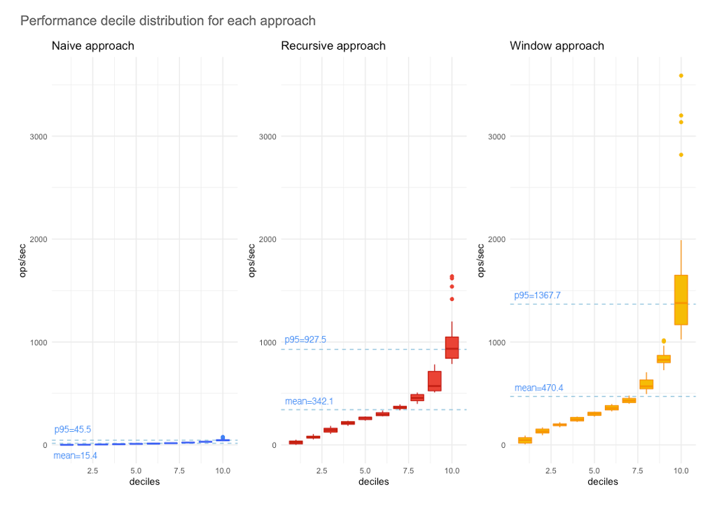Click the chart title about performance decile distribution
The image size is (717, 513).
tap(168, 21)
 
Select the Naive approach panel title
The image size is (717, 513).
tap(93, 46)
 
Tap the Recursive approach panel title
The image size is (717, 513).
tap(333, 46)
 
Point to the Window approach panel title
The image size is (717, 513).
tap(557, 46)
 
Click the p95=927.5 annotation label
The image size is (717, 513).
tap(305, 339)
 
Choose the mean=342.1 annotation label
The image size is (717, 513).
tap(309, 401)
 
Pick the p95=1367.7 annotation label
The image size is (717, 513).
tap(537, 295)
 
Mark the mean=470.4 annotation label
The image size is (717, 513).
tap(538, 388)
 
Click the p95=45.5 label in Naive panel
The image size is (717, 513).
tap(73, 430)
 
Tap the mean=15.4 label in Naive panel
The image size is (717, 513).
tap(75, 456)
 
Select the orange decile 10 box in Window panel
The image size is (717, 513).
tap(681, 300)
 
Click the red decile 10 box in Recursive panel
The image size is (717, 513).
tap(452, 348)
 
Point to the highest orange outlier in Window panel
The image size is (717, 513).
tap(681, 76)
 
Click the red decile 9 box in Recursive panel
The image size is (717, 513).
tap(434, 381)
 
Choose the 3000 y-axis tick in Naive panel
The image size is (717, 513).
tap(39, 136)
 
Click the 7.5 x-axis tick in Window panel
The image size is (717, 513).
tap(637, 472)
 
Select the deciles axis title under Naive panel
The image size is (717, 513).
tap(145, 482)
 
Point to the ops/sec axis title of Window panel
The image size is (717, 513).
tap(481, 260)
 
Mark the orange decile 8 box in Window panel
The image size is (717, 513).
tap(646, 384)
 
